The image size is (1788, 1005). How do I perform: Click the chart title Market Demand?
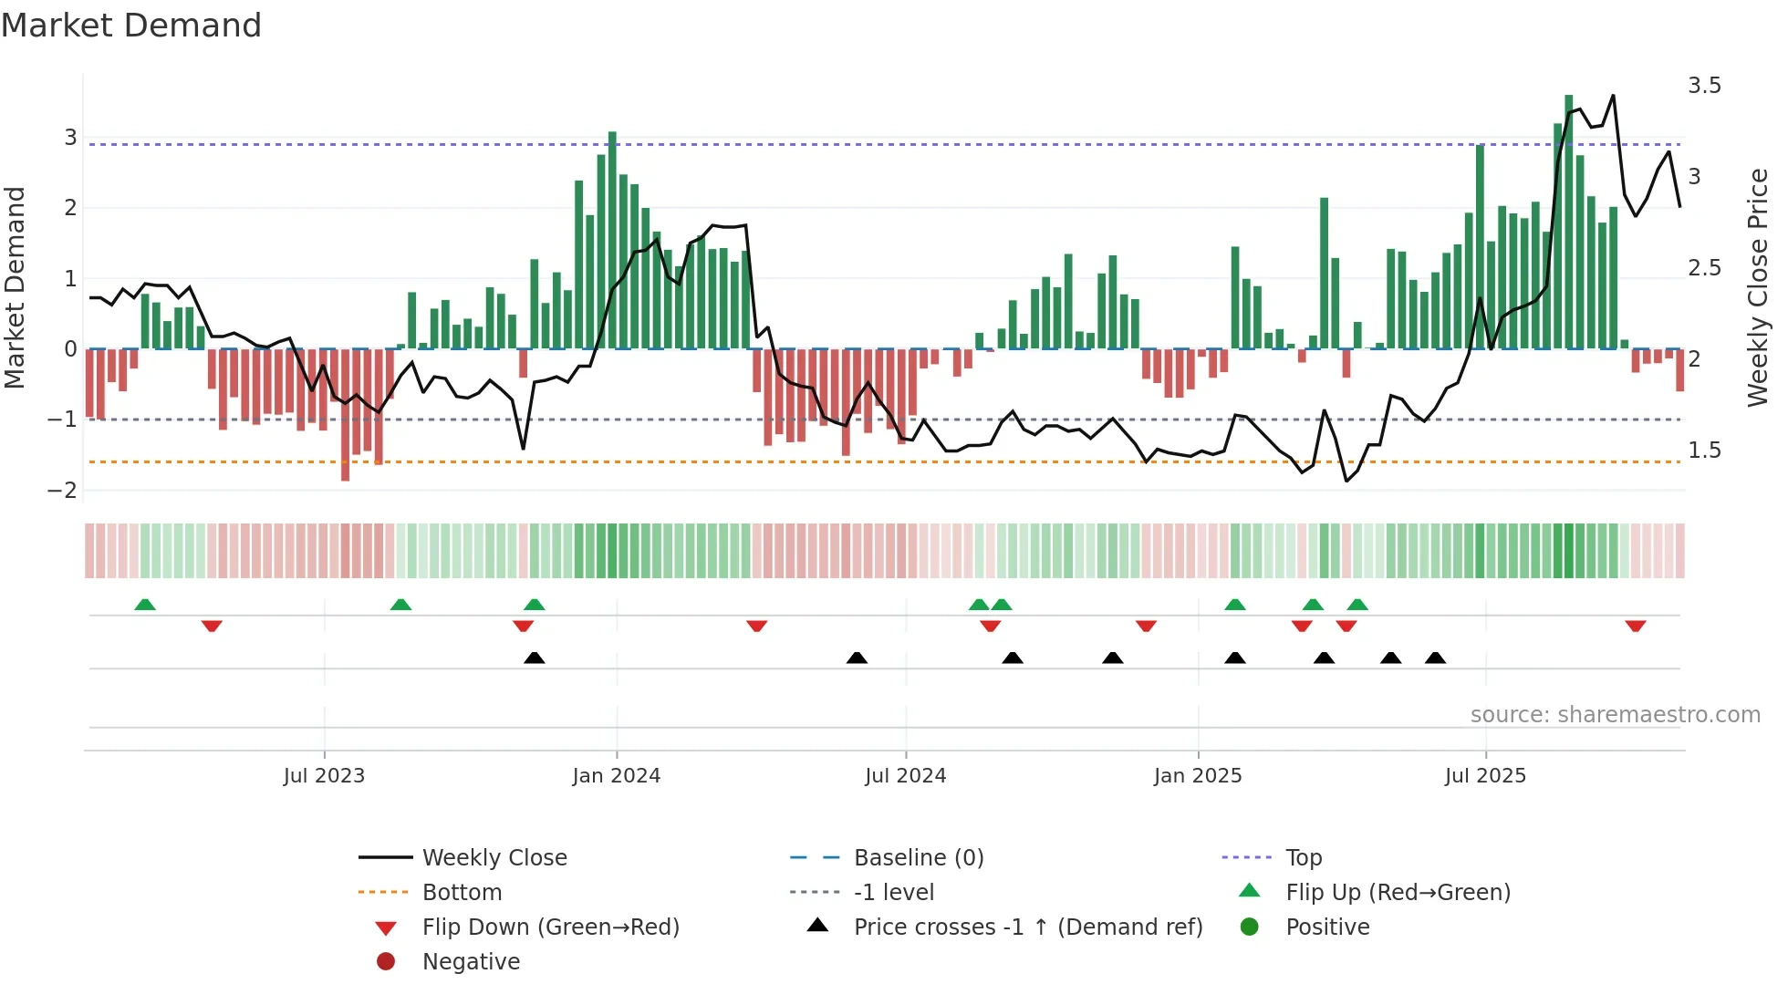[131, 26]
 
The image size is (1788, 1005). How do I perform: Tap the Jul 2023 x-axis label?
[324, 776]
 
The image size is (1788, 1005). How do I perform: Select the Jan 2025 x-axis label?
[1198, 776]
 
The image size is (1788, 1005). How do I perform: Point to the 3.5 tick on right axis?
[1704, 86]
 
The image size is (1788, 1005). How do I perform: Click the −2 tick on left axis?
[63, 491]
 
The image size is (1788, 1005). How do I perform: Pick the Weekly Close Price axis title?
[1758, 287]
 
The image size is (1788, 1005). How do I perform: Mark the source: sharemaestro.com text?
[1615, 715]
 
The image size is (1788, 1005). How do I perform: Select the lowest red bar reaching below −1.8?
[345, 415]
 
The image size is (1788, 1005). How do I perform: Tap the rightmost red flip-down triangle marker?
[1635, 626]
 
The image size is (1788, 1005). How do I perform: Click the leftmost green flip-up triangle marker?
[145, 605]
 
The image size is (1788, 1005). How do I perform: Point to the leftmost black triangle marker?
[535, 658]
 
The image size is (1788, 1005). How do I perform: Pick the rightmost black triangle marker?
[1435, 658]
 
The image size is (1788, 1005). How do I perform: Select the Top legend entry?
[1303, 858]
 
